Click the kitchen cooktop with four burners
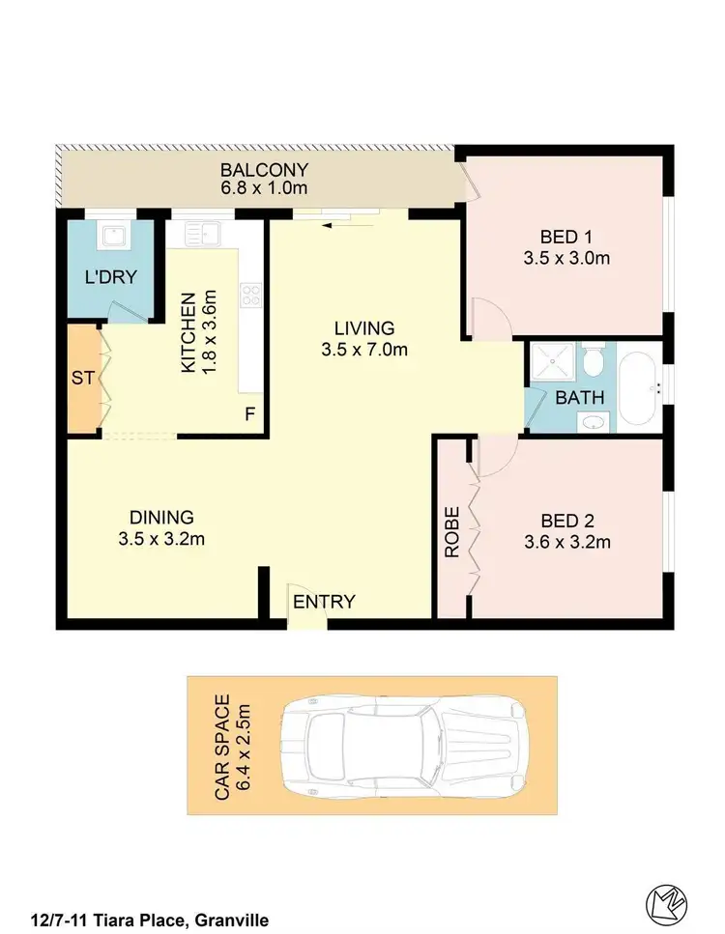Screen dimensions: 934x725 [252, 294]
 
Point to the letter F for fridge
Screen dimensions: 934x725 [249, 414]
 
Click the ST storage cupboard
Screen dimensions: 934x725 [82, 378]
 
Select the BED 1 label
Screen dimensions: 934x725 [565, 237]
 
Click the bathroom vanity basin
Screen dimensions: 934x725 [594, 421]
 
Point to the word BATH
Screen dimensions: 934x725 [580, 396]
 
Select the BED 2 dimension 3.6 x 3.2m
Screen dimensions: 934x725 [566, 542]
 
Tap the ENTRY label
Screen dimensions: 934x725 [324, 602]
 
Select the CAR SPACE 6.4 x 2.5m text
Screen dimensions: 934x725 [233, 747]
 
